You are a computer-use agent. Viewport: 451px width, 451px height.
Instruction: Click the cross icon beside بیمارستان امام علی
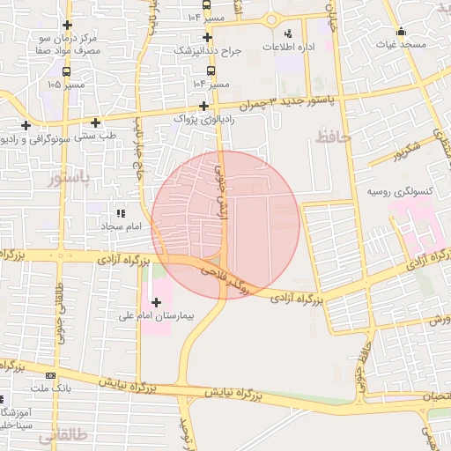point(157,302)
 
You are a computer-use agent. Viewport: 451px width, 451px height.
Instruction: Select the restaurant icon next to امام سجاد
point(122,213)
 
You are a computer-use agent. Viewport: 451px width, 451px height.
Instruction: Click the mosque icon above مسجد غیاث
point(400,31)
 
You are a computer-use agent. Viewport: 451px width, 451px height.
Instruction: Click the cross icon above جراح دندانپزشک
point(207,37)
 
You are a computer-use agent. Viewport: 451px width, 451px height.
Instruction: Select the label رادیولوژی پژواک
point(204,118)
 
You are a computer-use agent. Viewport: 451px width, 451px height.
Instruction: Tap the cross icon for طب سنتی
point(95,122)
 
